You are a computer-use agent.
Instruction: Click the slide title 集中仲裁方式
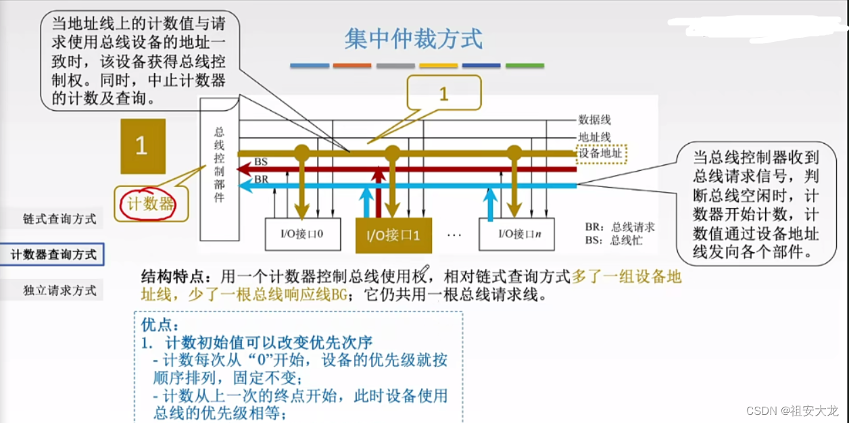[414, 39]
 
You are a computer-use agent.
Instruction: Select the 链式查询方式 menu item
[59, 219]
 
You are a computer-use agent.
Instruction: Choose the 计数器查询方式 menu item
[53, 255]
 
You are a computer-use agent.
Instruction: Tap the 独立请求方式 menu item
[59, 291]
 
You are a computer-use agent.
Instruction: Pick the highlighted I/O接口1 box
[393, 235]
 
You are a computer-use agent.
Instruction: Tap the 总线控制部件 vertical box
[219, 166]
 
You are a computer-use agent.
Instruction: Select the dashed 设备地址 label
[601, 153]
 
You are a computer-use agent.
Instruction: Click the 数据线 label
[594, 120]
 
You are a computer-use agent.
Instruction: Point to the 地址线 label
[594, 136]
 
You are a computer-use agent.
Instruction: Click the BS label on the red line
[260, 163]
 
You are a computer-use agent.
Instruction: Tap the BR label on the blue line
[261, 179]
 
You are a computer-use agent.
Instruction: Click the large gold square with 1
[143, 146]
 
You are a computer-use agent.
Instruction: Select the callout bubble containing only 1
[443, 94]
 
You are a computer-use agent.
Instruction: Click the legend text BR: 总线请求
[621, 227]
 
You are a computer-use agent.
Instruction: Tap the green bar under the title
[525, 66]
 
